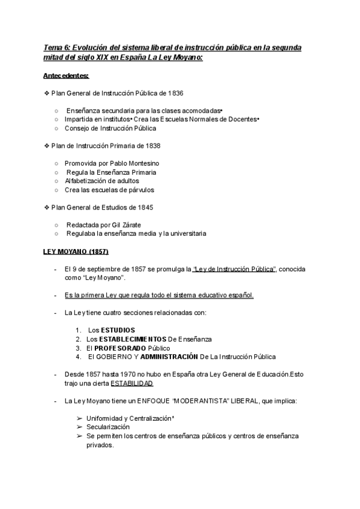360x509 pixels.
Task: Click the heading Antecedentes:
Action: pos(66,76)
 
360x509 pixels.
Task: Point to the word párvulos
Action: pos(139,190)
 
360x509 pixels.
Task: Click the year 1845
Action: pos(144,207)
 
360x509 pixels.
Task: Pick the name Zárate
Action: pos(129,225)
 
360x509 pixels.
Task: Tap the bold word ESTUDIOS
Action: pos(118,330)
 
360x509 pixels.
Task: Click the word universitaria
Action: pos(184,233)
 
